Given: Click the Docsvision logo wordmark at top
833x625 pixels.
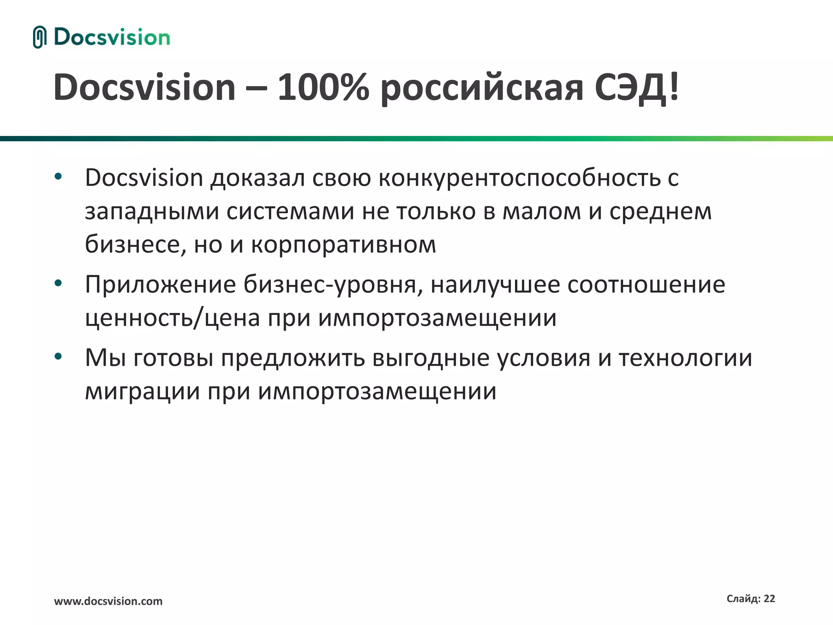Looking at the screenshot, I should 112,37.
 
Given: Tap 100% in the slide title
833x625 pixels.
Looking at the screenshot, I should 323,87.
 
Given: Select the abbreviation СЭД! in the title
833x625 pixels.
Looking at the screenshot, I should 637,87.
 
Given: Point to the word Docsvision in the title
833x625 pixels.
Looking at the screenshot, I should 144,87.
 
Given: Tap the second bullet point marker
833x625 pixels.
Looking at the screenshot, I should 58,283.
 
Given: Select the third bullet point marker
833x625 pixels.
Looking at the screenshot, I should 58,357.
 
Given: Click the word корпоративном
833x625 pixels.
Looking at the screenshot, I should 344,245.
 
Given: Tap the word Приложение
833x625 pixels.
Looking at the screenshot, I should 160,284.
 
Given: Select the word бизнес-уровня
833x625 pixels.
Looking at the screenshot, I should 333,284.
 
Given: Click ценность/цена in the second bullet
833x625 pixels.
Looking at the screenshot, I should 172,318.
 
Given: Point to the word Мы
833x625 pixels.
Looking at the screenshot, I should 105,358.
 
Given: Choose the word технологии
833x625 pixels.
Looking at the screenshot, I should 685,358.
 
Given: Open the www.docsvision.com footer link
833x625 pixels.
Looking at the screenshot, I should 108,601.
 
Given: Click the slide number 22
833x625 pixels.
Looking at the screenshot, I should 769,599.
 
